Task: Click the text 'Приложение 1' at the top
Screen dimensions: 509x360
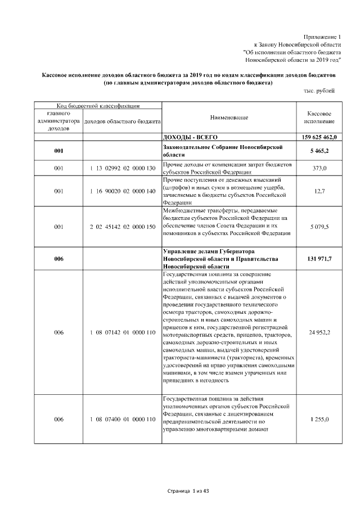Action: [x=321, y=36]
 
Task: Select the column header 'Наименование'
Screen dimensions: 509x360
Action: [x=229, y=118]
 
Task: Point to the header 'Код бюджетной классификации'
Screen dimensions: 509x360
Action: [x=98, y=106]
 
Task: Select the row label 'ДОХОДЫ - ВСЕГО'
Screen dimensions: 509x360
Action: [x=190, y=137]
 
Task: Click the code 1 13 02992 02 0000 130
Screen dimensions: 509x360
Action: [x=122, y=168]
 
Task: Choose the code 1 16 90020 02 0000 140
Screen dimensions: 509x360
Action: [x=122, y=191]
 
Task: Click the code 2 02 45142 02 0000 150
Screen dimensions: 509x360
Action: [x=122, y=226]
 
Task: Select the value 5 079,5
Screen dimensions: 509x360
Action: [x=319, y=226]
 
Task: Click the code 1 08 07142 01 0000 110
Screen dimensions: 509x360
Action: [x=122, y=332]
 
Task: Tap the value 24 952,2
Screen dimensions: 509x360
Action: [x=319, y=332]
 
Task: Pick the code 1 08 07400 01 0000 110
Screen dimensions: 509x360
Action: [x=122, y=419]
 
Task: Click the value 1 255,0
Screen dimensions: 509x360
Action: [x=319, y=419]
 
